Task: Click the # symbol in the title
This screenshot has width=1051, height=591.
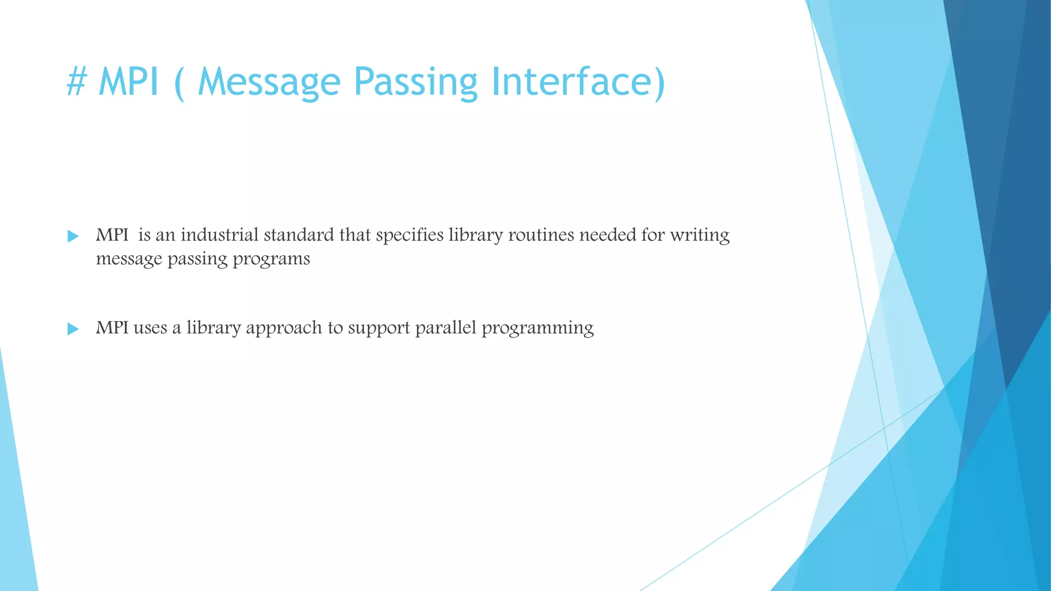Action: point(77,82)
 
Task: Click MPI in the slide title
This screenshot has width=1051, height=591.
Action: point(128,82)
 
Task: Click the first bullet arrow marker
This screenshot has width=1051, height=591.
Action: point(73,237)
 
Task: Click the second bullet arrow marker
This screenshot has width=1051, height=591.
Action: point(73,329)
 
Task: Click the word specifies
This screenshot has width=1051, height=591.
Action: point(410,235)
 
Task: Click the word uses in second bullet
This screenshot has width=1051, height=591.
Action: point(150,328)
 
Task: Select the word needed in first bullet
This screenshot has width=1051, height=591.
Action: point(608,235)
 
